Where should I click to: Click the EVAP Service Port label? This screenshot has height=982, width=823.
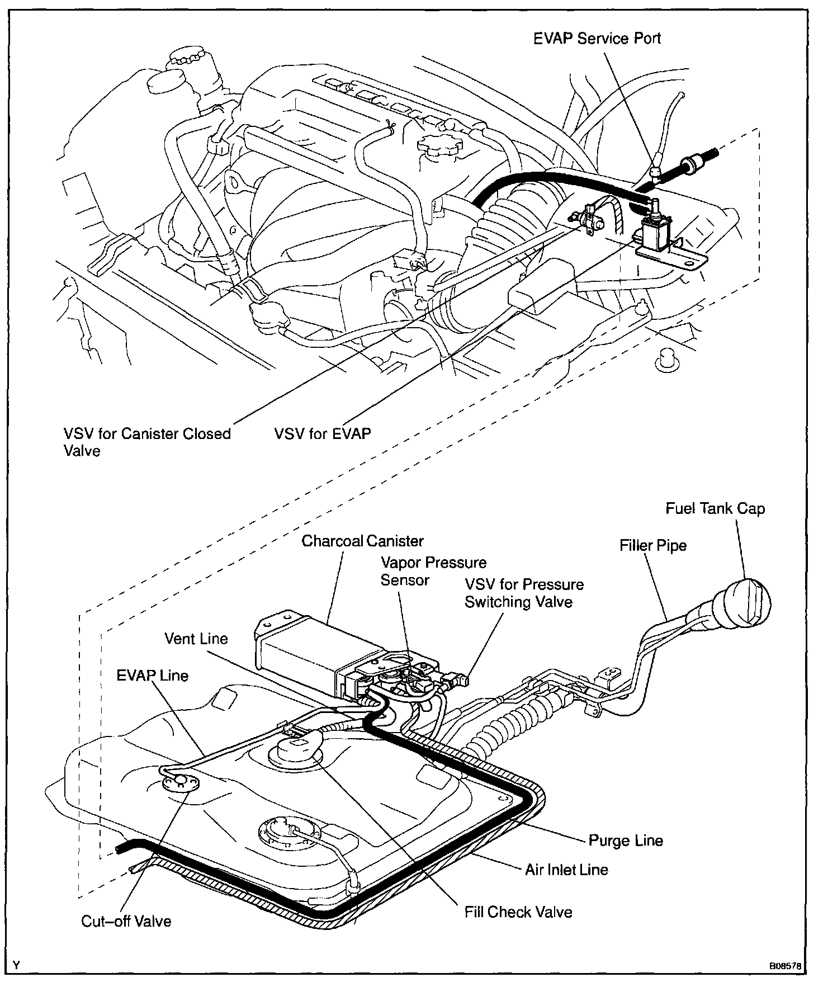597,39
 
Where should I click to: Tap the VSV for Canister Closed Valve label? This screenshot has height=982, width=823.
147,442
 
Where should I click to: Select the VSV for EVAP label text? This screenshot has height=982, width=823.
323,433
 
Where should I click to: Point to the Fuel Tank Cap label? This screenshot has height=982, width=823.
715,509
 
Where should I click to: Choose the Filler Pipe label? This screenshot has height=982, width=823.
652,545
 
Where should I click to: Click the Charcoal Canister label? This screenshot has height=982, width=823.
362,541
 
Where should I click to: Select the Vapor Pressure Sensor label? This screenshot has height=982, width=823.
433,571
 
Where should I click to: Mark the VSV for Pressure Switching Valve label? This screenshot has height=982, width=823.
524,593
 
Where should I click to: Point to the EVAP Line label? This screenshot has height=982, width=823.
152,675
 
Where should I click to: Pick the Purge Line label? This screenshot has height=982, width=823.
626,840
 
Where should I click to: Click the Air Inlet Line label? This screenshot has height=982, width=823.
566,869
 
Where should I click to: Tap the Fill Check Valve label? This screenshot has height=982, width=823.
518,912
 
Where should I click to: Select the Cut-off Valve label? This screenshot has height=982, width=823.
126,920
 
